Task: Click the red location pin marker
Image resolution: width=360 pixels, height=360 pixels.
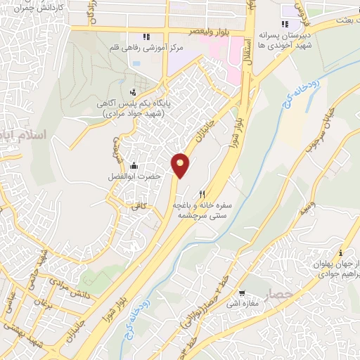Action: point(180,165)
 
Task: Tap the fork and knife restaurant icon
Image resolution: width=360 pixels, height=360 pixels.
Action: point(202,194)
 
